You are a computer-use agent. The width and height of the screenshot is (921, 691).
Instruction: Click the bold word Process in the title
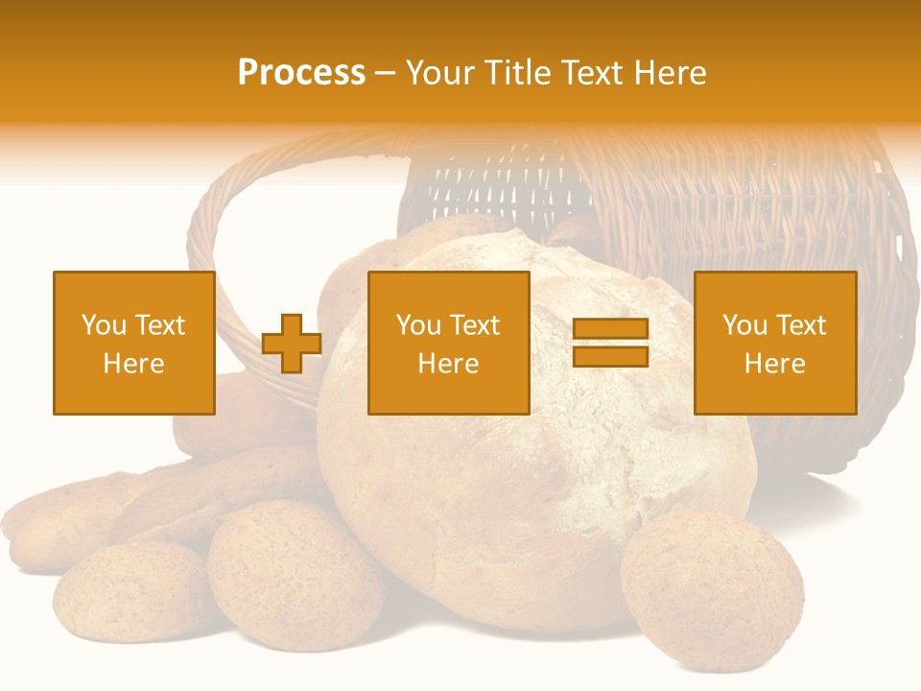(x=301, y=73)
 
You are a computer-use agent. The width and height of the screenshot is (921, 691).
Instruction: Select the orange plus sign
(x=292, y=344)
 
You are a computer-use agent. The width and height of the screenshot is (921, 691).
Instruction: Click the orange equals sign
(x=610, y=343)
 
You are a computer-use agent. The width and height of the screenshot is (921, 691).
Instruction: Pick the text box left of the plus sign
(x=134, y=343)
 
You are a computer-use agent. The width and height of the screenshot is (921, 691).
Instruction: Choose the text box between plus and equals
(x=448, y=343)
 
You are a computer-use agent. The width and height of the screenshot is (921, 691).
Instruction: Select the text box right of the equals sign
(x=775, y=343)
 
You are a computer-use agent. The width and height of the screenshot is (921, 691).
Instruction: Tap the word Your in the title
(x=440, y=73)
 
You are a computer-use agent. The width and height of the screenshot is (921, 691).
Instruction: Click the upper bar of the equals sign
(x=610, y=330)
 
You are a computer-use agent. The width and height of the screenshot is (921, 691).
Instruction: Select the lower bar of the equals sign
(x=610, y=356)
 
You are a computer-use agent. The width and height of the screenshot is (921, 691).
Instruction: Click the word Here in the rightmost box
(x=775, y=364)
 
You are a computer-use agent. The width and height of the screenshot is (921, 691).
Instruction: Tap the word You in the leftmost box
(x=103, y=324)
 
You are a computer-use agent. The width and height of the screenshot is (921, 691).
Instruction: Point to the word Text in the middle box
(x=475, y=324)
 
